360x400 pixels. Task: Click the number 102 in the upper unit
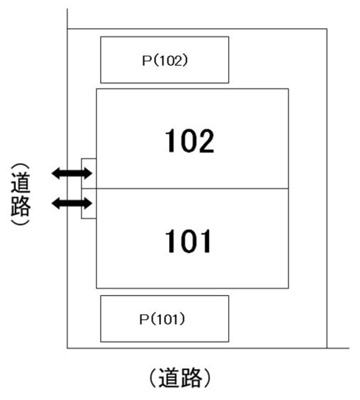tap(192, 141)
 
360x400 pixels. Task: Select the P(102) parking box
tap(165, 60)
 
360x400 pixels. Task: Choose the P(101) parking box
tap(165, 318)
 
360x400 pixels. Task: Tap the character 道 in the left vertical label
tap(20, 183)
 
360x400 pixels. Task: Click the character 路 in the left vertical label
tap(20, 207)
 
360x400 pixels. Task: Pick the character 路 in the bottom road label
tap(198, 377)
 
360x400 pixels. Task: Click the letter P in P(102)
tap(144, 60)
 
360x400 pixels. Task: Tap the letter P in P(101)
tap(144, 318)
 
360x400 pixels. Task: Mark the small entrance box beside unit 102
tap(89, 173)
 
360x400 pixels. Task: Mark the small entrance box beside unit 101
tap(89, 203)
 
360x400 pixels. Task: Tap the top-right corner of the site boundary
tap(327, 30)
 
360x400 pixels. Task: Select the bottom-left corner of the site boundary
tap(67, 347)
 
